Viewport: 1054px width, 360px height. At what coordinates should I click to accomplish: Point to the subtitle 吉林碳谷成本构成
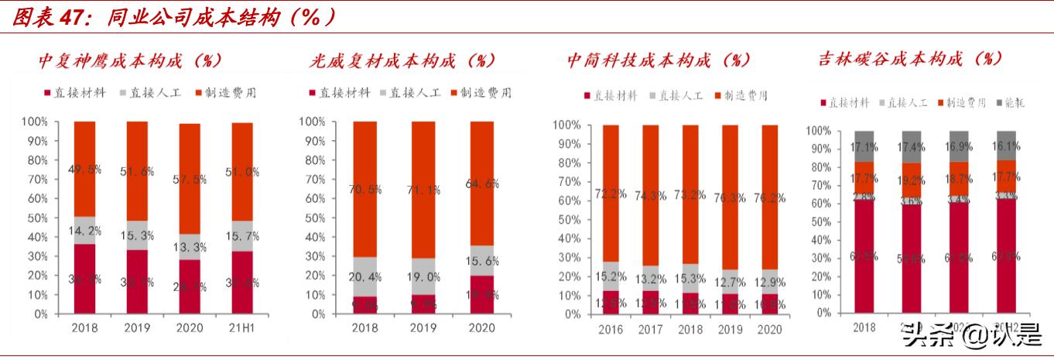910,59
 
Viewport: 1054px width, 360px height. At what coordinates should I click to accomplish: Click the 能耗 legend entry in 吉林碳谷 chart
1009,102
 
